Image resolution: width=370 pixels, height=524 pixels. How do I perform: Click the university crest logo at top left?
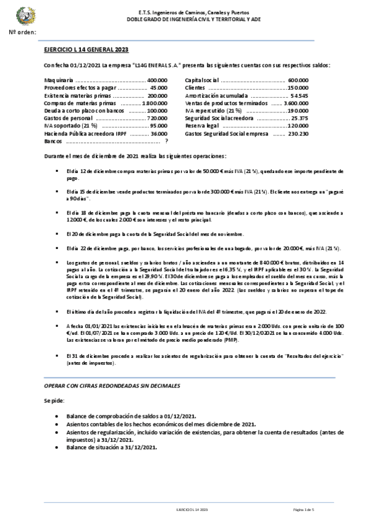[25, 14]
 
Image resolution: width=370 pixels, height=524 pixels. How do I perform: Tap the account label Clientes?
[195, 88]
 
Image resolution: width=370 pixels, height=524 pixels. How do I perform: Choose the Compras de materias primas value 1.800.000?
[155, 103]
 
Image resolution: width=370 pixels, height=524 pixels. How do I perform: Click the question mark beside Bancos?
[166, 141]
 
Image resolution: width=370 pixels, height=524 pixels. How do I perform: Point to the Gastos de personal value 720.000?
[158, 118]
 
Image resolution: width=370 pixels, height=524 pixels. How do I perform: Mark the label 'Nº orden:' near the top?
[23, 31]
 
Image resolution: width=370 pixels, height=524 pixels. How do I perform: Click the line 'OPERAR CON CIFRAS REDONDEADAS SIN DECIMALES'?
[112, 386]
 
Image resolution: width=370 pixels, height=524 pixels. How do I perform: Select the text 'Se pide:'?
[54, 401]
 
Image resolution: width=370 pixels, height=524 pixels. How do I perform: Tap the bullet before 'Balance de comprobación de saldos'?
[57, 416]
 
